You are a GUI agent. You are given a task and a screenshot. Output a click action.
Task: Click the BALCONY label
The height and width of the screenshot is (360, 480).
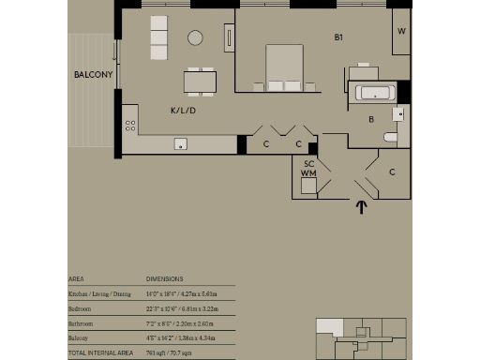click(94, 74)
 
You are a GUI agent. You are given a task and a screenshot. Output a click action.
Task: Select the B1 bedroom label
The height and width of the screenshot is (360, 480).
click(341, 38)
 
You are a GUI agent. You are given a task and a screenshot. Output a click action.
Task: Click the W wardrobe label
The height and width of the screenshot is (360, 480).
click(401, 31)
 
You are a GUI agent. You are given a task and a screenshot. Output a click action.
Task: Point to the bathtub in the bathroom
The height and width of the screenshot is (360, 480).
click(373, 93)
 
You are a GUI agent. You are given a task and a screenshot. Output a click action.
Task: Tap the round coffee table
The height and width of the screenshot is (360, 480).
click(195, 38)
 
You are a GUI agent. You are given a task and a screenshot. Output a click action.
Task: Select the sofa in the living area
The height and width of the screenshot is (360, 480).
click(158, 37)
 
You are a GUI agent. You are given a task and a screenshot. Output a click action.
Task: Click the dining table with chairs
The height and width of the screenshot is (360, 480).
click(199, 82)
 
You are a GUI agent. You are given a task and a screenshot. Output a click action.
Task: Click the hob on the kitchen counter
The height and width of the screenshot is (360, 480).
click(130, 124)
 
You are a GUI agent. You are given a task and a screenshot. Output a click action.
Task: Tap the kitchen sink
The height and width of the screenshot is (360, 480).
click(181, 143)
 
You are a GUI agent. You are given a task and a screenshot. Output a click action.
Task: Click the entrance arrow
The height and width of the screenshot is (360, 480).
click(361, 207)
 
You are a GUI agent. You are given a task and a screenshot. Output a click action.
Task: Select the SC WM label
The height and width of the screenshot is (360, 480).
click(308, 169)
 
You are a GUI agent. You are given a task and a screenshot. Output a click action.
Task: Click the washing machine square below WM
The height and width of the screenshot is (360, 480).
click(308, 186)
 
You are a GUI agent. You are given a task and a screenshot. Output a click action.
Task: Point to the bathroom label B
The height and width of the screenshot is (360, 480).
click(371, 120)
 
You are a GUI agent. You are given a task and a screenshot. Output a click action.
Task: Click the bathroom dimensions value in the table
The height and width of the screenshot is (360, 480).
click(180, 322)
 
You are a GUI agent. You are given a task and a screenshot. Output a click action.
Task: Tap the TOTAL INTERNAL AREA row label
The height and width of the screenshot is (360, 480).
click(101, 352)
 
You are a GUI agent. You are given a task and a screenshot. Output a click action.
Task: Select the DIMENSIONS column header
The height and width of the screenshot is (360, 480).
click(164, 278)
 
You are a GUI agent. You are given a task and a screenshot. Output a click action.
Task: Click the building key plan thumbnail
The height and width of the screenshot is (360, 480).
click(360, 337)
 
